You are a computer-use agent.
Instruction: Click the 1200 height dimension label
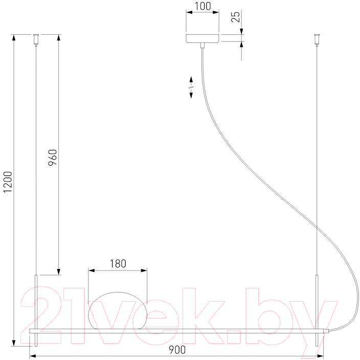click(x=8, y=182)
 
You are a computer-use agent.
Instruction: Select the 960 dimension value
click(x=53, y=157)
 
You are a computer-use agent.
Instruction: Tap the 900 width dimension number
click(x=177, y=350)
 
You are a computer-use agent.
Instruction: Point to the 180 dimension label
click(x=118, y=264)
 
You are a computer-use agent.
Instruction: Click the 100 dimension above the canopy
click(x=202, y=6)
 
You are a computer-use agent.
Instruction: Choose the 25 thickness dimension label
click(x=235, y=16)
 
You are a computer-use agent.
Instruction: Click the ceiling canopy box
click(x=202, y=38)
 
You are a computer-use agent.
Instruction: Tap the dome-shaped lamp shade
click(x=118, y=310)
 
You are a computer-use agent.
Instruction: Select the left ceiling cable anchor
click(x=36, y=40)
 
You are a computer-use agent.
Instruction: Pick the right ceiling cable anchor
click(x=317, y=40)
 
